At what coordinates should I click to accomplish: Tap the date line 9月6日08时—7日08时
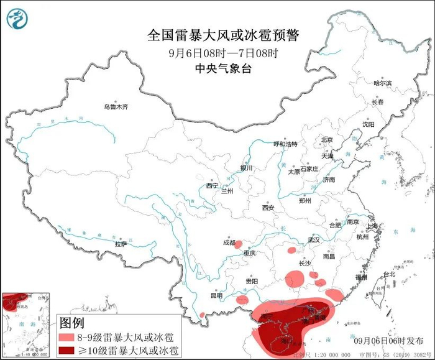coord(217,53)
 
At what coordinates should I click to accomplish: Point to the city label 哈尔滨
coord(383,83)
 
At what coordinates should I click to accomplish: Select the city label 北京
coord(327,140)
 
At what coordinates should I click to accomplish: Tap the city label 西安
coord(268,208)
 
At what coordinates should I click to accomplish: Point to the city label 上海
coord(373,226)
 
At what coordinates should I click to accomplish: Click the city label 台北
coord(388,274)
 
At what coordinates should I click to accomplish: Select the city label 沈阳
coord(369,124)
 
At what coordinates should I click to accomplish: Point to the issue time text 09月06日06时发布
coord(385,341)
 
